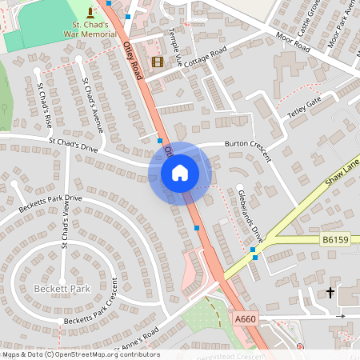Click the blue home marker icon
[179, 172]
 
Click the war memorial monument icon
[89, 12]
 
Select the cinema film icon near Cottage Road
[157, 62]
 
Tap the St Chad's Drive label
[73, 145]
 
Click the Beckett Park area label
[62, 288]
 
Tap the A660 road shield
[246, 319]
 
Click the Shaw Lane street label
[342, 178]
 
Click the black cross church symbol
[330, 293]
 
